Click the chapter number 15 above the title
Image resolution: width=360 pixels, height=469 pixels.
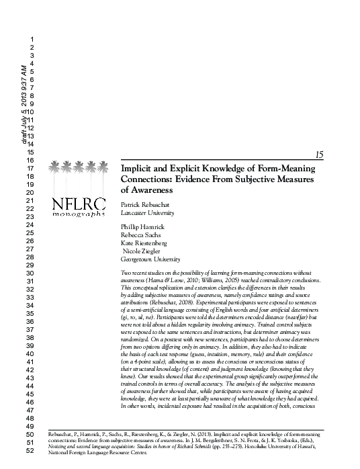pos(319,155)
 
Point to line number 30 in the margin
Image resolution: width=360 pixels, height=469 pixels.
pos(29,273)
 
